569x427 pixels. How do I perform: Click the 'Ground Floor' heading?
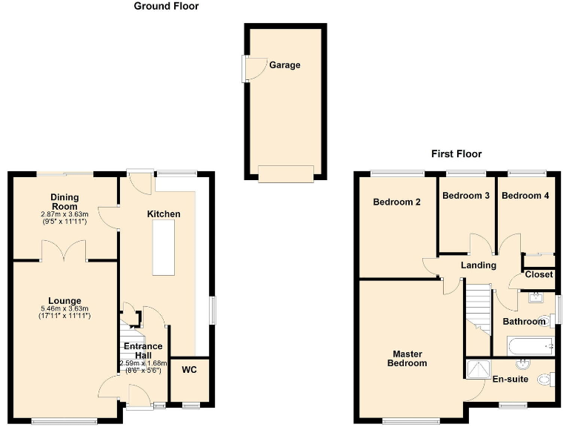click(166, 6)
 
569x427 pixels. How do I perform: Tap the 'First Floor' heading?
click(456, 154)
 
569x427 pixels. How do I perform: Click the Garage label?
click(284, 65)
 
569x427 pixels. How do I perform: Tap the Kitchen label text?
click(164, 214)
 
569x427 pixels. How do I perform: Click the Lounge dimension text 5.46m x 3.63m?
click(64, 308)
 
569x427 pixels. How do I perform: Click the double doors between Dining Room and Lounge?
click(64, 254)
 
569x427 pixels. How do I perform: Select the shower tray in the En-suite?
click(479, 368)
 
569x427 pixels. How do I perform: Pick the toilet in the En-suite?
click(546, 380)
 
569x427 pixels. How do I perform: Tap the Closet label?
click(539, 274)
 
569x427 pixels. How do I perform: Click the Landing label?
click(478, 265)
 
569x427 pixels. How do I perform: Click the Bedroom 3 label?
click(465, 196)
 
